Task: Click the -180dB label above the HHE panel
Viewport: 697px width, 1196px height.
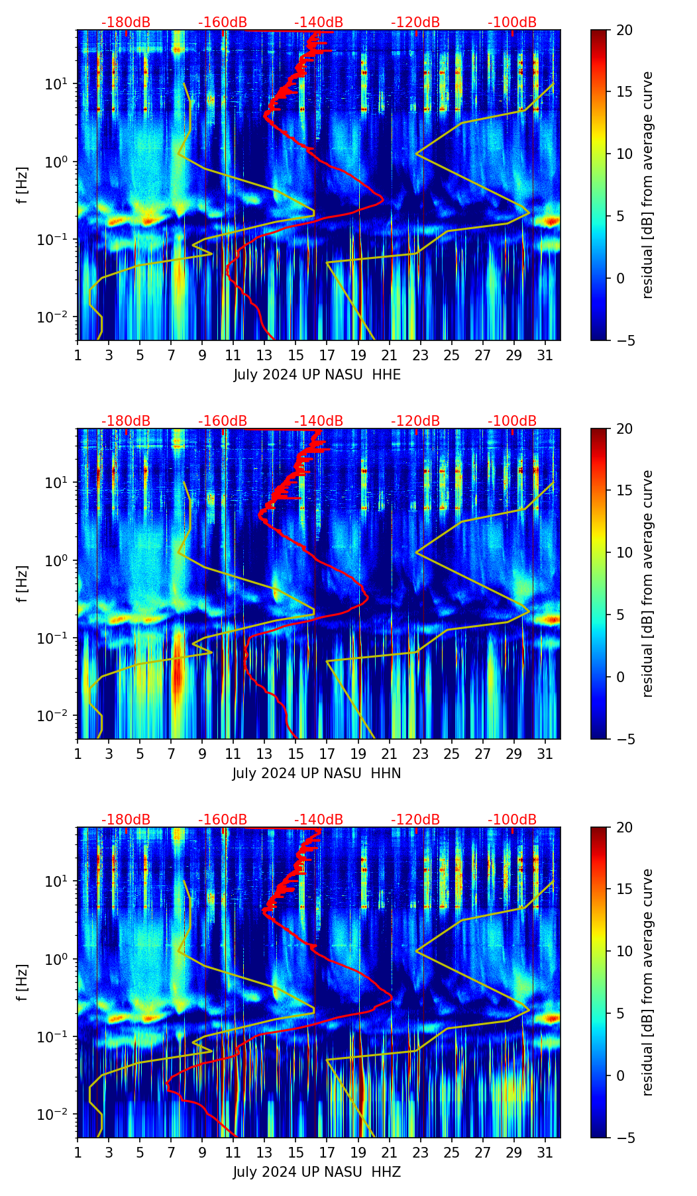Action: [126, 23]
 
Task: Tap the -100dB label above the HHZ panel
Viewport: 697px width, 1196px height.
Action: [512, 820]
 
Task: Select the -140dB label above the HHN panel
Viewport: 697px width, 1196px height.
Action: [319, 421]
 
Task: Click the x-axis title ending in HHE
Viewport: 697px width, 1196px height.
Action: [317, 375]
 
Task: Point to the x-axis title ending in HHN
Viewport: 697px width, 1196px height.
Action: [317, 773]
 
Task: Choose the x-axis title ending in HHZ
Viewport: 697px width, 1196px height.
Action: [317, 1172]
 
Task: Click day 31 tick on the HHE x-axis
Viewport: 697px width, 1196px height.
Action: [545, 356]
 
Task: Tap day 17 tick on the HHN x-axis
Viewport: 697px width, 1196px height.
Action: [327, 754]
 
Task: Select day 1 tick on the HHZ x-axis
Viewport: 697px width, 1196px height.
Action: [78, 1153]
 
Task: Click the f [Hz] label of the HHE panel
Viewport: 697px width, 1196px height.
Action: [23, 185]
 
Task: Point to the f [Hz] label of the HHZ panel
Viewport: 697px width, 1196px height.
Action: [23, 982]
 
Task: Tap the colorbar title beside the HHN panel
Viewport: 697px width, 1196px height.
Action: [647, 583]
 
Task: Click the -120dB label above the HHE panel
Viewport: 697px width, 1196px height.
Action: [415, 23]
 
